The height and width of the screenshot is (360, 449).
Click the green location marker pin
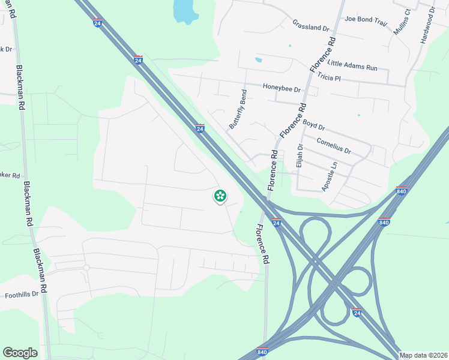(x=220, y=196)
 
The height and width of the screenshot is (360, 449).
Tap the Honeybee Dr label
(x=281, y=87)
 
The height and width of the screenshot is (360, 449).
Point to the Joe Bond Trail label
(x=366, y=19)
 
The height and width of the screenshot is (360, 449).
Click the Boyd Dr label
(x=313, y=125)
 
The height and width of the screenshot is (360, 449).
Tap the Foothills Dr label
(x=22, y=295)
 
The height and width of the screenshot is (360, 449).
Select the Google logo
(x=20, y=353)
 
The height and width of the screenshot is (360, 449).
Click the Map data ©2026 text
(x=423, y=355)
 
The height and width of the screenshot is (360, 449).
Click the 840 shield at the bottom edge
(x=262, y=352)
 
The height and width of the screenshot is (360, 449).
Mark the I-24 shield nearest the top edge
(x=98, y=23)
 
